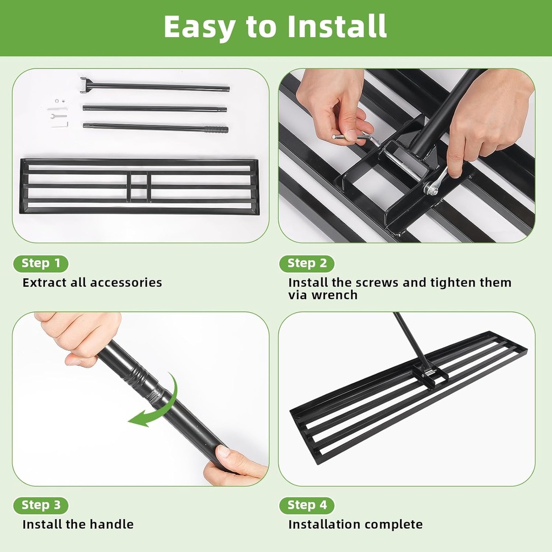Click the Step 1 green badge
(x=40, y=264)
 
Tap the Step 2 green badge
(x=307, y=264)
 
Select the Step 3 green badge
(x=40, y=506)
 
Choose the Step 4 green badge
(x=307, y=506)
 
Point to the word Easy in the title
(x=199, y=26)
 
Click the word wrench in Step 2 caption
(x=336, y=295)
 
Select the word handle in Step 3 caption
(x=113, y=525)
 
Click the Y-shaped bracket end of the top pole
(x=85, y=85)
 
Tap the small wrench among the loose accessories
(x=59, y=115)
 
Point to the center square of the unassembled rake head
(x=139, y=187)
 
